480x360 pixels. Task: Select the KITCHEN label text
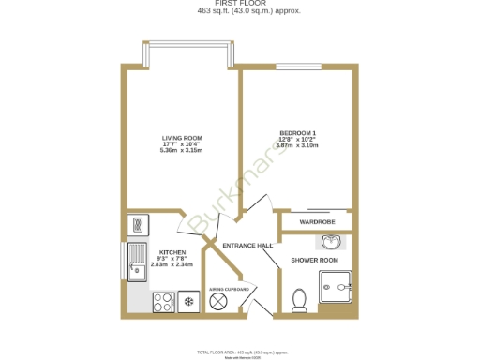172,252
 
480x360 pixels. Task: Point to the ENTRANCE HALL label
248,245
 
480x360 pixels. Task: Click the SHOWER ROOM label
313,259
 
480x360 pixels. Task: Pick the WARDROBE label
317,221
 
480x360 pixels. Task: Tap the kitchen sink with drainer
136,262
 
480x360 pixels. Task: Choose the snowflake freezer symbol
188,302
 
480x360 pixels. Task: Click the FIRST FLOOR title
240,4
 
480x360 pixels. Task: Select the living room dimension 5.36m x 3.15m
182,150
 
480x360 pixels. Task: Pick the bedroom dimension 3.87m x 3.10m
298,145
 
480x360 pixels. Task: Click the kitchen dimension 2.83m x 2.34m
172,264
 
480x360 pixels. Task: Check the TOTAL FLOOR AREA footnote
241,351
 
